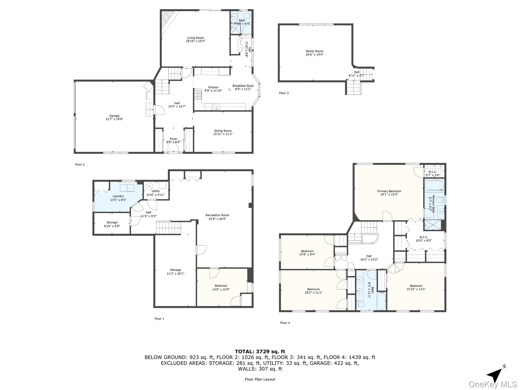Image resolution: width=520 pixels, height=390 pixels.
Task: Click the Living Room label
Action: coord(196,38)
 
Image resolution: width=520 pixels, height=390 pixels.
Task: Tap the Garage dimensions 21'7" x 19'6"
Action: coord(114,119)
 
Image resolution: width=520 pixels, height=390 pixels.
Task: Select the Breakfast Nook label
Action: coord(243,86)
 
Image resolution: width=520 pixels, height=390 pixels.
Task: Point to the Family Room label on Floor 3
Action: coord(314,51)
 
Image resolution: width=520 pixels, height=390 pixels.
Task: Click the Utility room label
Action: coord(156,191)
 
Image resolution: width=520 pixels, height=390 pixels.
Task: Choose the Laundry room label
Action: coord(118,196)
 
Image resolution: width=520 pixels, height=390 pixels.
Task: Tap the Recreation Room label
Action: coord(217,215)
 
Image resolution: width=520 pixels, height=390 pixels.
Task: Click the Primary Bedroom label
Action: coord(389,191)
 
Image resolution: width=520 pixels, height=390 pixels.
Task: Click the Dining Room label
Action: coord(223,131)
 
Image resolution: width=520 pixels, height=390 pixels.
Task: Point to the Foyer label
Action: coord(173,139)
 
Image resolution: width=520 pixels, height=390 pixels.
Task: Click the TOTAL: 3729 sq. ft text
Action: coord(260,352)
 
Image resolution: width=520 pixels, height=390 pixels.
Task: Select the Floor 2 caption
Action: coord(80,165)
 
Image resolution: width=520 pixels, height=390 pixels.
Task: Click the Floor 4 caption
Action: coord(285,323)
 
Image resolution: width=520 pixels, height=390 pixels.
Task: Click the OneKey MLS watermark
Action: coord(493,384)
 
